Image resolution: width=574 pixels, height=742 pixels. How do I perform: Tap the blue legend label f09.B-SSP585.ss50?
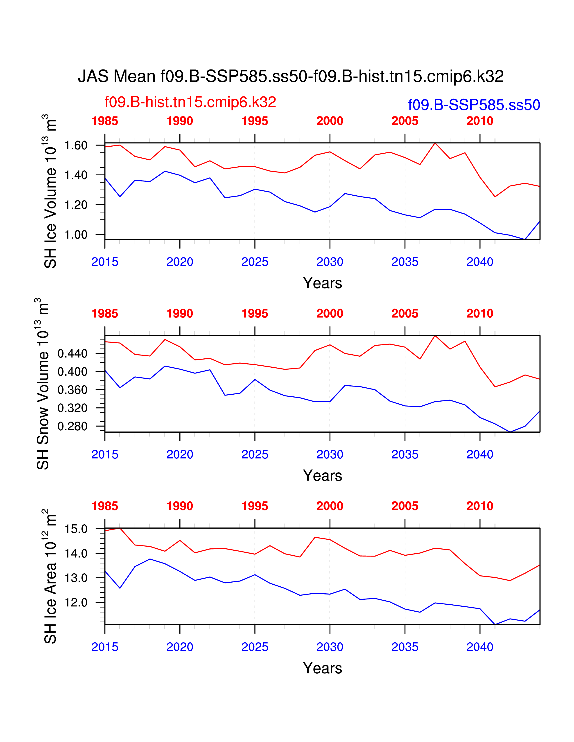point(474,105)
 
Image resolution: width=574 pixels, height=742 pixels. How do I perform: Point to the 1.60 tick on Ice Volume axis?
point(76,145)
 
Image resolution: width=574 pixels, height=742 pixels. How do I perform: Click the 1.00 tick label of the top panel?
point(76,235)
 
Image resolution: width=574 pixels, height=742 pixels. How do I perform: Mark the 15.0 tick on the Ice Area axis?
point(76,529)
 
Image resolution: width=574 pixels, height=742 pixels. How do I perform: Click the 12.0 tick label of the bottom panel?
point(76,603)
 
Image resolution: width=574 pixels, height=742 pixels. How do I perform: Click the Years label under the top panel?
point(322,283)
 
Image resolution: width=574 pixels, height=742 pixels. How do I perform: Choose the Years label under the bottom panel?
point(322,668)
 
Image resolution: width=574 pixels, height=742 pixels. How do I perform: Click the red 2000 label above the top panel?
point(330,121)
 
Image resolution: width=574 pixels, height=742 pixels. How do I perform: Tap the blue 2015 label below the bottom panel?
point(105,647)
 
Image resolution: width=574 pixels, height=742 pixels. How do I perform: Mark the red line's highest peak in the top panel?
point(435,143)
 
